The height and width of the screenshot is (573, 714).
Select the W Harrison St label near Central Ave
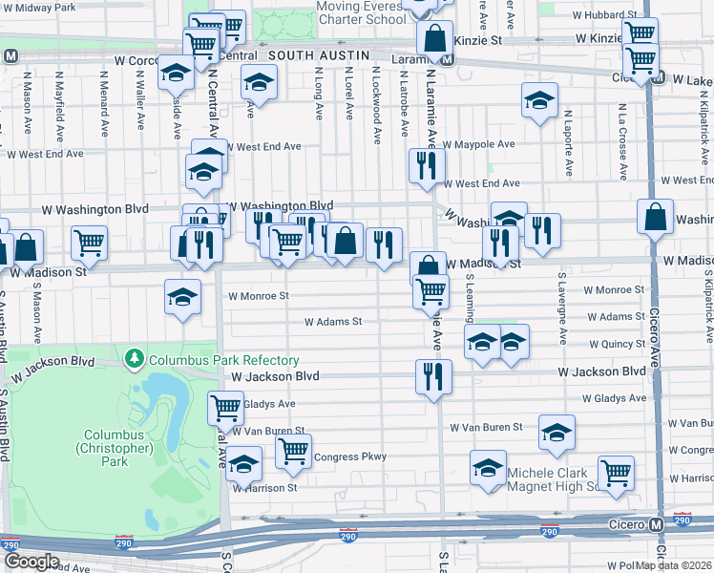(x=266, y=488)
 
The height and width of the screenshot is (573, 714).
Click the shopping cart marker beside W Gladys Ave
(x=225, y=408)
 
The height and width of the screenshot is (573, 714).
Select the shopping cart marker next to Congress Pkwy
(x=293, y=450)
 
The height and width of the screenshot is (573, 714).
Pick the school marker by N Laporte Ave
(x=539, y=100)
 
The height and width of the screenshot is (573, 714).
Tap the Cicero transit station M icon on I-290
(x=656, y=525)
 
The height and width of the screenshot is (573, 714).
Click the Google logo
(x=31, y=562)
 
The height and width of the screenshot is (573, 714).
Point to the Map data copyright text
(x=674, y=565)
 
